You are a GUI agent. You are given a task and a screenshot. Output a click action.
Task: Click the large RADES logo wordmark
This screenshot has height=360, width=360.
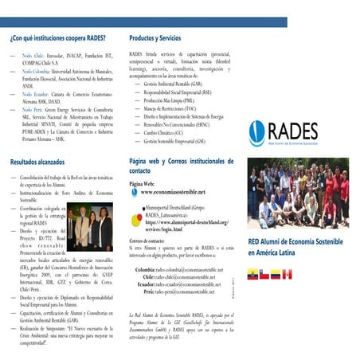(x=292, y=130)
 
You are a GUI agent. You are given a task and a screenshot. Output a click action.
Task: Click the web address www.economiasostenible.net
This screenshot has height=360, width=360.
(x=172, y=192)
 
